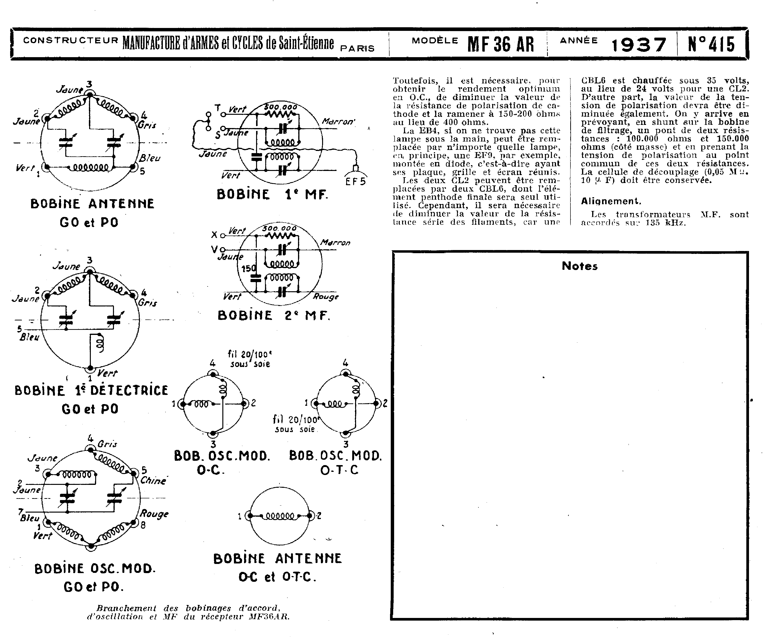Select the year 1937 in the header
click(x=638, y=45)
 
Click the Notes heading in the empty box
click(x=579, y=266)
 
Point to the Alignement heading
click(x=611, y=201)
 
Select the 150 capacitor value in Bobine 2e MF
click(x=248, y=269)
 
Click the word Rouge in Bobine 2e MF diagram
click(x=325, y=297)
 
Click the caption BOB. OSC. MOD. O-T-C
click(x=335, y=462)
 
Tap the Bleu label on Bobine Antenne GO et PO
click(x=150, y=158)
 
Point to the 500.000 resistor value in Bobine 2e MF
click(x=279, y=228)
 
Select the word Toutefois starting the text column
click(x=416, y=80)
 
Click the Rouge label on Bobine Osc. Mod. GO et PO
click(x=154, y=514)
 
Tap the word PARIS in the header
click(x=358, y=48)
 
